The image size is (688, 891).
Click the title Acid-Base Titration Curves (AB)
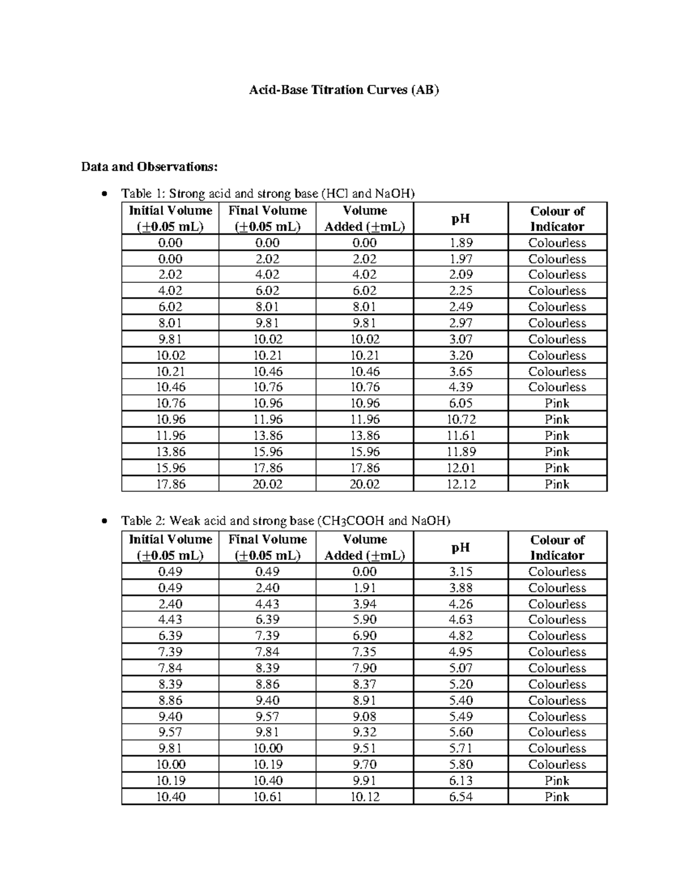(x=343, y=90)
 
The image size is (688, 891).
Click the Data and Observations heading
(x=150, y=167)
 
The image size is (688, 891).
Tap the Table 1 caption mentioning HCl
(x=267, y=193)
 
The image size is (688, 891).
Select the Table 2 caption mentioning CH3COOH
(x=286, y=521)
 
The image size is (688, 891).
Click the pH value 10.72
(x=461, y=419)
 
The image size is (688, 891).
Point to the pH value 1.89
(x=461, y=243)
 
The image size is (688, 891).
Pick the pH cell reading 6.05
(x=461, y=403)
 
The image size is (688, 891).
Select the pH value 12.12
(x=461, y=484)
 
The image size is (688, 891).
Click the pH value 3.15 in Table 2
(x=461, y=571)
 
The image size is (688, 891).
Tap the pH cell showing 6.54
(x=461, y=797)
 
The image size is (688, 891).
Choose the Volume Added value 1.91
(x=365, y=587)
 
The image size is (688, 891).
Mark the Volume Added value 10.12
(x=365, y=797)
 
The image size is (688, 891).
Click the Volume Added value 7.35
(x=365, y=652)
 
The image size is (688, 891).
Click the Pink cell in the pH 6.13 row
(x=557, y=781)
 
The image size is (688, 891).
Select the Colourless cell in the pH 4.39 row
(x=557, y=387)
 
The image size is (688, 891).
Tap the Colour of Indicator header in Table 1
(x=557, y=219)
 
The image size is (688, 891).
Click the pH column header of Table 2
(x=461, y=547)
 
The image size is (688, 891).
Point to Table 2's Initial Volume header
(x=170, y=547)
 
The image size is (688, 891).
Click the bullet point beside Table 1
(x=103, y=194)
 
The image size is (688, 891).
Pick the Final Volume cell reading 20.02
(x=267, y=484)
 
